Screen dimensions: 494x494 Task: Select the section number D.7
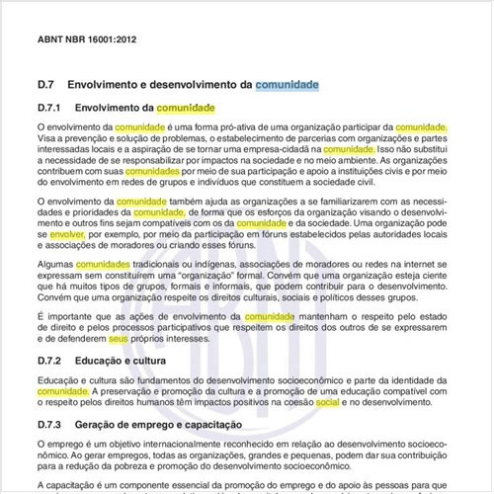pos(48,85)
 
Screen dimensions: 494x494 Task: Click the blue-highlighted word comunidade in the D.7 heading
pos(287,85)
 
